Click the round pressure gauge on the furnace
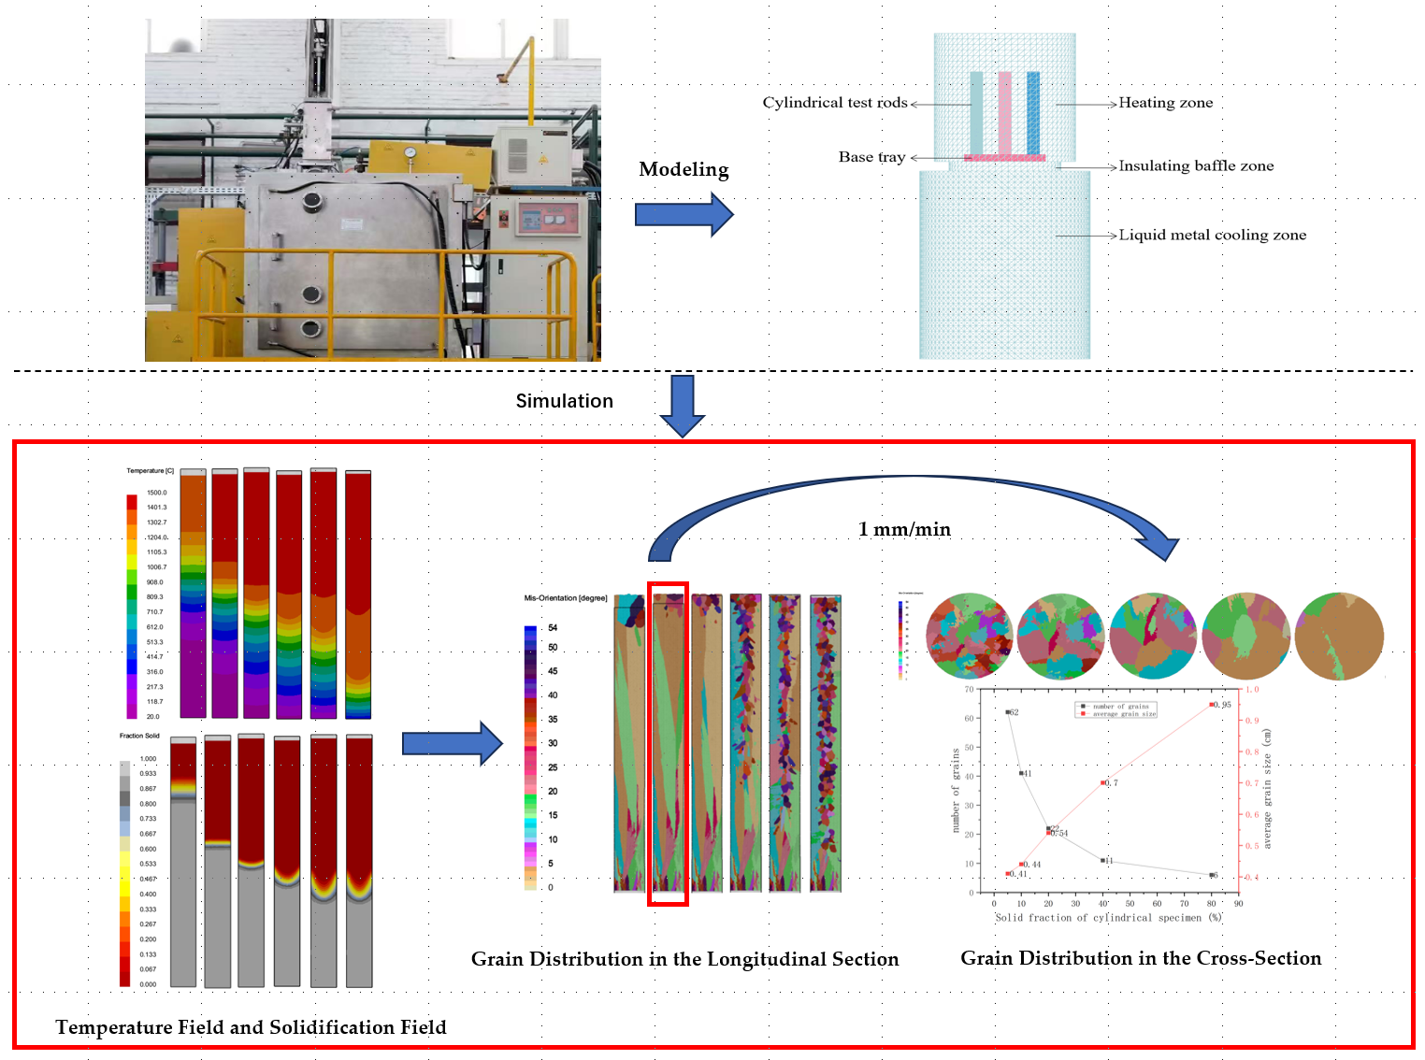(x=410, y=152)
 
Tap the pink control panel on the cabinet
(x=546, y=220)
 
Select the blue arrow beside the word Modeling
(x=684, y=214)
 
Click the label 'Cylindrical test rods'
(x=834, y=103)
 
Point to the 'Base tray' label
(x=871, y=157)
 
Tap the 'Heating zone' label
(x=1165, y=103)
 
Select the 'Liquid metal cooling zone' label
(x=1212, y=235)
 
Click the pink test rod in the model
(x=1004, y=112)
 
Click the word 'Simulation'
(x=564, y=401)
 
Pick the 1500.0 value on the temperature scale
(x=156, y=493)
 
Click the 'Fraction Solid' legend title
(x=139, y=736)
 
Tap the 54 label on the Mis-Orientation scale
(x=553, y=628)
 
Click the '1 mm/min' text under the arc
(x=903, y=529)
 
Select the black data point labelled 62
(x=1007, y=712)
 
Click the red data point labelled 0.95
(x=1212, y=705)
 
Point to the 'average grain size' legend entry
(x=1124, y=714)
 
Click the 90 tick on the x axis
(x=1238, y=904)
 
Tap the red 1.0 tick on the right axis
(x=1252, y=690)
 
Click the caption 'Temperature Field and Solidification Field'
(x=251, y=1027)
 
